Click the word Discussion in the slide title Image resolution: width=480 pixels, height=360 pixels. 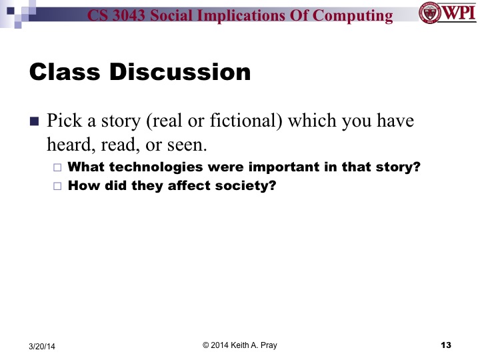(x=179, y=72)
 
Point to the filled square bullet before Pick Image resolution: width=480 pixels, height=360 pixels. (x=35, y=122)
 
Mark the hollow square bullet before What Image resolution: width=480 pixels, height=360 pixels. (x=57, y=168)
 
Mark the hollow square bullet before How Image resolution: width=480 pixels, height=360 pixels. (x=57, y=186)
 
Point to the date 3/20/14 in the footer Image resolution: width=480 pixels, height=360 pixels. (x=43, y=346)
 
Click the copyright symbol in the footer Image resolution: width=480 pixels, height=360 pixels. (x=206, y=345)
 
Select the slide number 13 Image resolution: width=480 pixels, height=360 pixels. (x=446, y=345)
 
